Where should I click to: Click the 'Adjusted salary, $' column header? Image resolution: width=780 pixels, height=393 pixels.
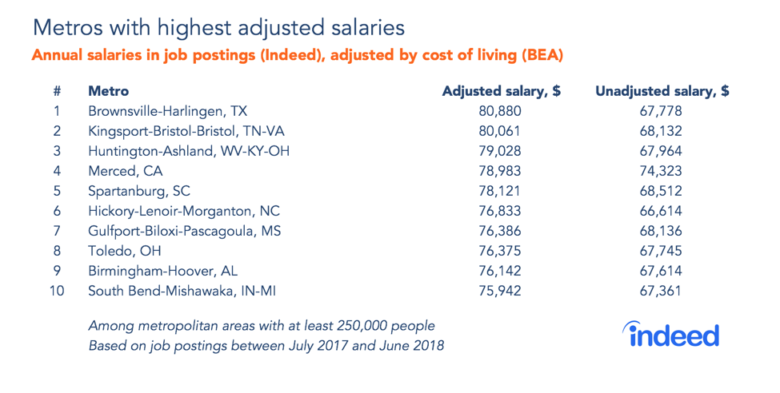[x=502, y=91]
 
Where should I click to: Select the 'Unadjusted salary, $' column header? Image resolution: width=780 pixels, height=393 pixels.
[x=662, y=91]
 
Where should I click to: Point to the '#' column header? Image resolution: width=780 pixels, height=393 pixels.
[x=57, y=91]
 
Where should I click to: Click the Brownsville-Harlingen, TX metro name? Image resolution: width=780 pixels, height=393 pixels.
[x=170, y=111]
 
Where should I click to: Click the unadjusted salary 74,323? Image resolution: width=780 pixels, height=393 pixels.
[x=662, y=171]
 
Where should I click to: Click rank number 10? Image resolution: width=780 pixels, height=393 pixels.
[x=57, y=291]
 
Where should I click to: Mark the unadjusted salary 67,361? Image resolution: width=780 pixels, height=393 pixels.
[x=662, y=291]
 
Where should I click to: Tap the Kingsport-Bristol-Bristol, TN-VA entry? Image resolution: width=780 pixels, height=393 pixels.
[x=186, y=131]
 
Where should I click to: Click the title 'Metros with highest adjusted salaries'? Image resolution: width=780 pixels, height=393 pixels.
[x=218, y=28]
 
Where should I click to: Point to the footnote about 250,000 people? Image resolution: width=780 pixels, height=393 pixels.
[x=262, y=326]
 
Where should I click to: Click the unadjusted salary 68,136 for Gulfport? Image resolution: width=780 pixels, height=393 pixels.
[x=662, y=231]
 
